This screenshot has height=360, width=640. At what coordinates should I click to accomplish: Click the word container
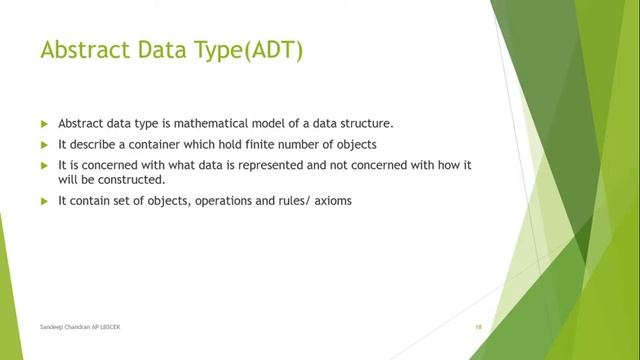coord(136,144)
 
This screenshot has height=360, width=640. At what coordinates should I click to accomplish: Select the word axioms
coord(331,200)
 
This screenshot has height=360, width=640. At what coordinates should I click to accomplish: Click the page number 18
coord(479,327)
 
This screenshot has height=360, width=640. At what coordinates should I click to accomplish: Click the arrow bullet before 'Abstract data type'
coord(44,124)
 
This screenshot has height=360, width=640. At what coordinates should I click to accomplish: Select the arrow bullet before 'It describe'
coord(44,144)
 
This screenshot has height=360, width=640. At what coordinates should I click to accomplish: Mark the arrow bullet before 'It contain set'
coord(44,200)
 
